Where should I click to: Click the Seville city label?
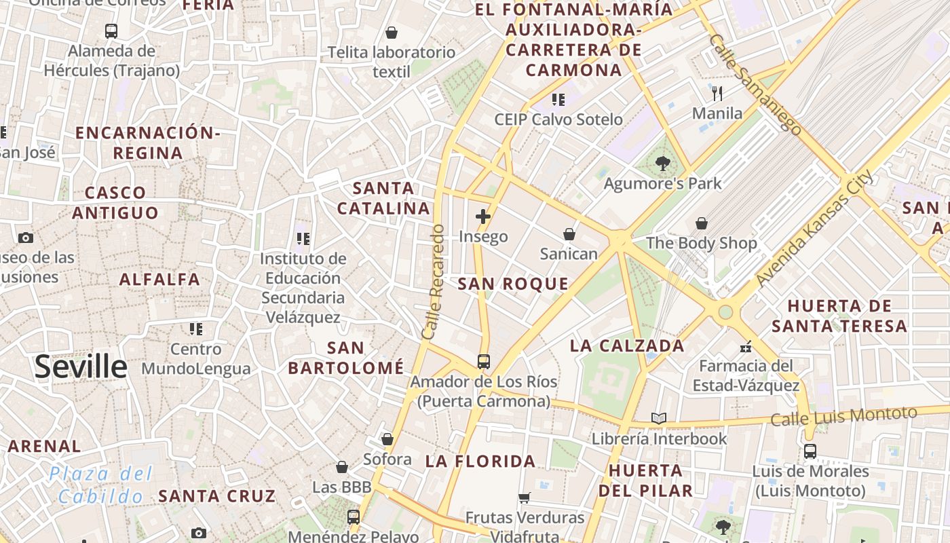[81, 367]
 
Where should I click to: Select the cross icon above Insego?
[483, 217]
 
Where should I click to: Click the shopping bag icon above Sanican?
[569, 234]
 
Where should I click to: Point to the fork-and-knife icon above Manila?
[717, 93]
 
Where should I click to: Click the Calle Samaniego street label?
[755, 84]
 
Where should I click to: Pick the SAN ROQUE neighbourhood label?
[513, 284]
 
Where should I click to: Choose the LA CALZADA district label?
[627, 345]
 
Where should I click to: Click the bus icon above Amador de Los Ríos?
[484, 362]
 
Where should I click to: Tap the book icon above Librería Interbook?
[659, 418]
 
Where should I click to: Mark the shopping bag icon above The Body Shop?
[702, 223]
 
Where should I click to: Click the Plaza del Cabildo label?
[100, 485]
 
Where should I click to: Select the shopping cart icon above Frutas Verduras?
[524, 498]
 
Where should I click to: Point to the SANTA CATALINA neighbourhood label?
[384, 198]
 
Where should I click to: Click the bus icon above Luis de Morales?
[810, 451]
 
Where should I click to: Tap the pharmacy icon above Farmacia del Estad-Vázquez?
[746, 347]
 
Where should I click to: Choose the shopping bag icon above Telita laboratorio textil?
[392, 33]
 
